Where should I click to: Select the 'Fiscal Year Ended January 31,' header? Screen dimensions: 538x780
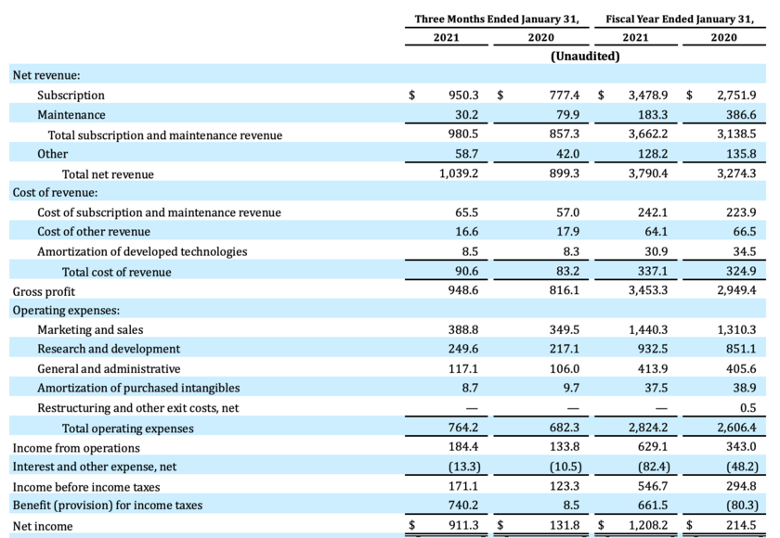[x=680, y=19]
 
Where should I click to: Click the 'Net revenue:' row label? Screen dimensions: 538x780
[x=45, y=75]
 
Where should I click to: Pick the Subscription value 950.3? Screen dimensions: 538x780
[x=463, y=96]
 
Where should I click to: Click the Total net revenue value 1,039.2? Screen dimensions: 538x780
[x=459, y=173]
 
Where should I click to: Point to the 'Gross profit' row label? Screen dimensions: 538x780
[x=45, y=291]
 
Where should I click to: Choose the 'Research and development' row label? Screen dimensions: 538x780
[x=109, y=350]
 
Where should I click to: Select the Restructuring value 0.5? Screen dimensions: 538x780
[x=747, y=408]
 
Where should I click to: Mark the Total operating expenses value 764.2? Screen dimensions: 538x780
[x=463, y=429]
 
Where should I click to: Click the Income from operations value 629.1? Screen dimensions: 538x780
[x=652, y=448]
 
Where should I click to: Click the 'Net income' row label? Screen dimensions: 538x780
[x=43, y=526]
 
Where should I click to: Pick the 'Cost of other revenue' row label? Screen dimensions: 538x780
[x=94, y=232]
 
